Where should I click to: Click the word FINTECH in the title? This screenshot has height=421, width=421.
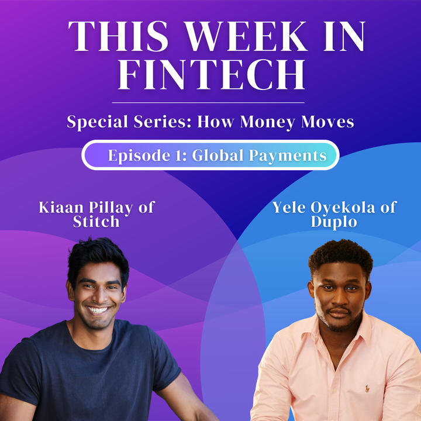(x=210, y=75)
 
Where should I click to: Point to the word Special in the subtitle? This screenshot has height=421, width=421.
(x=93, y=123)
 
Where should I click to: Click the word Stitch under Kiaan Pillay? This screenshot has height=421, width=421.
(x=96, y=222)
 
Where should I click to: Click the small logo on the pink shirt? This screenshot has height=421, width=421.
(x=367, y=388)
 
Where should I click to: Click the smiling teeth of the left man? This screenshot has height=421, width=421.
(x=98, y=310)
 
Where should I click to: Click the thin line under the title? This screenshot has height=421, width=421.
(x=210, y=102)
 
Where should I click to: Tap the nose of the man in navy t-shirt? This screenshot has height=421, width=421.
(x=98, y=294)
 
